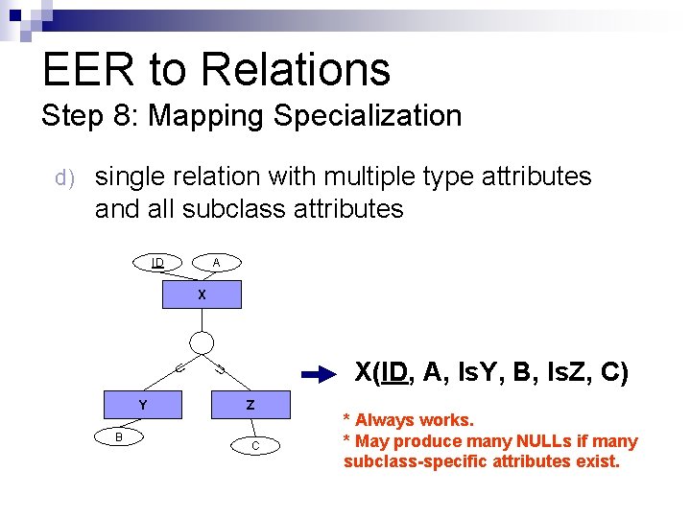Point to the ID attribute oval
pos(158,262)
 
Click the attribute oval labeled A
pos(217,262)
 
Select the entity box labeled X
pos(202,294)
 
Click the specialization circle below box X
pos(202,342)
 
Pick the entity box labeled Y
pos(143,405)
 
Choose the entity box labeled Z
pos(250,405)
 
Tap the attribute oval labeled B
pos(119,437)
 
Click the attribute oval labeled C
pos(255,445)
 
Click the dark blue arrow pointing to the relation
pos(318,374)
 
